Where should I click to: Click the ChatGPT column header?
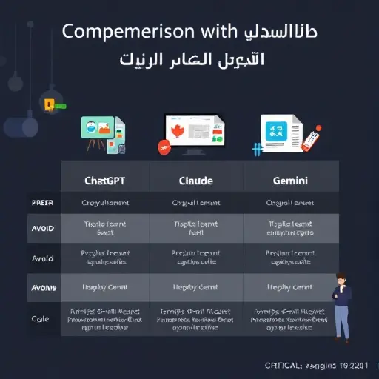[x=105, y=180]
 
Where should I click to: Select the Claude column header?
[x=196, y=180]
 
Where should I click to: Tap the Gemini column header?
[x=291, y=180]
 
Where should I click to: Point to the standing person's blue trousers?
[x=343, y=322]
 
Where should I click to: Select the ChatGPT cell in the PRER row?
[x=105, y=202]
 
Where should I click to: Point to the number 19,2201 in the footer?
[x=355, y=365]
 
